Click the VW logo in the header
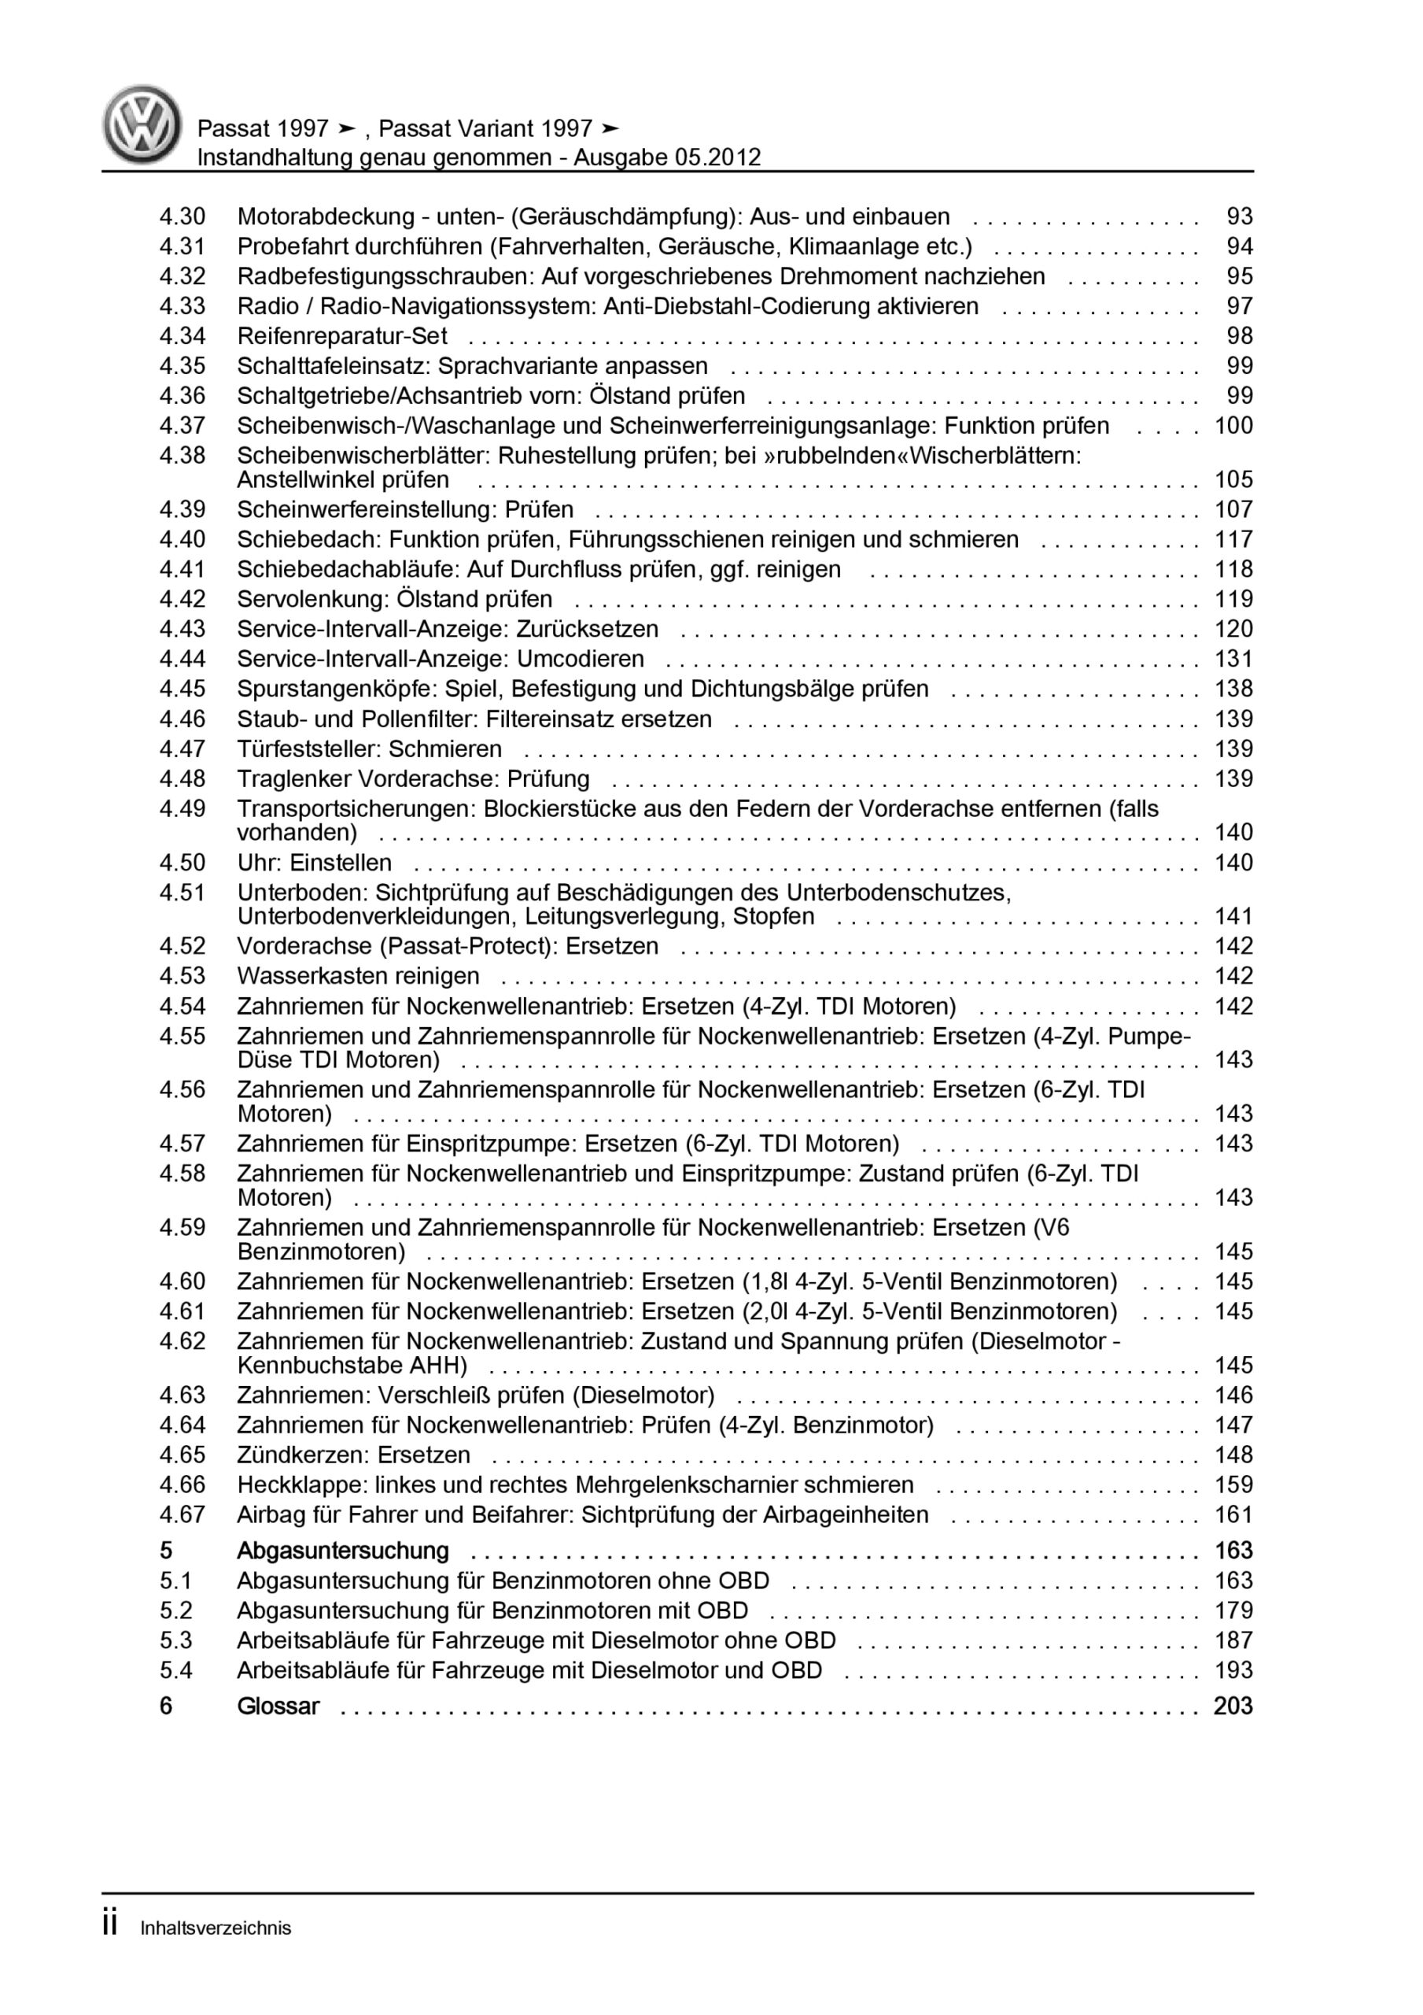[x=142, y=124]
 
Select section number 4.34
[x=182, y=336]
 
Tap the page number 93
[x=1240, y=216]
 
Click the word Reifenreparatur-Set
[x=342, y=336]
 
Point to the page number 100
[x=1233, y=426]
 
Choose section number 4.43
[x=182, y=629]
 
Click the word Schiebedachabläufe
[x=348, y=570]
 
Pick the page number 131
[x=1233, y=659]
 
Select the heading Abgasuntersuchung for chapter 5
[x=343, y=1551]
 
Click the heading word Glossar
[x=278, y=1706]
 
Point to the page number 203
[x=1233, y=1706]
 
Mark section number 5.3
[x=175, y=1640]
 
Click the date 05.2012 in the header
[x=717, y=158]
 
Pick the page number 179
[x=1233, y=1610]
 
